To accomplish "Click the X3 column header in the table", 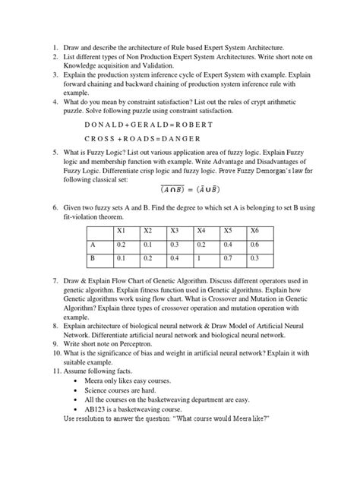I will tap(175, 230).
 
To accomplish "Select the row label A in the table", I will tap(92, 245).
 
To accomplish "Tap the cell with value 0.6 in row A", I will tap(255, 245).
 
